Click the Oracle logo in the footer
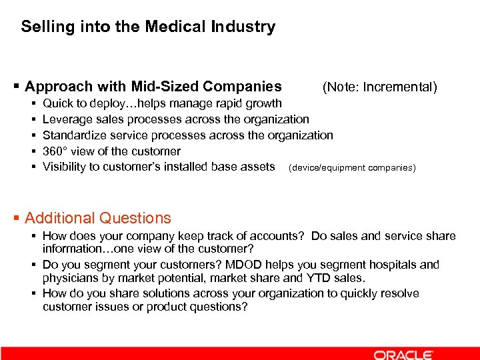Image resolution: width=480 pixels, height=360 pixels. (403, 354)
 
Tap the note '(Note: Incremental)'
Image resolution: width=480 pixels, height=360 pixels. (379, 87)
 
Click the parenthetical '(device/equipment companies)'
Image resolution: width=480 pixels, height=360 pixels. (351, 167)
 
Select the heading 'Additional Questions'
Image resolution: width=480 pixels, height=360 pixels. (98, 218)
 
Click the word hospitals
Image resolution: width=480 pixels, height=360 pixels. (392, 265)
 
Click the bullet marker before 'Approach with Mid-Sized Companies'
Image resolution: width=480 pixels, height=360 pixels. (17, 87)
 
